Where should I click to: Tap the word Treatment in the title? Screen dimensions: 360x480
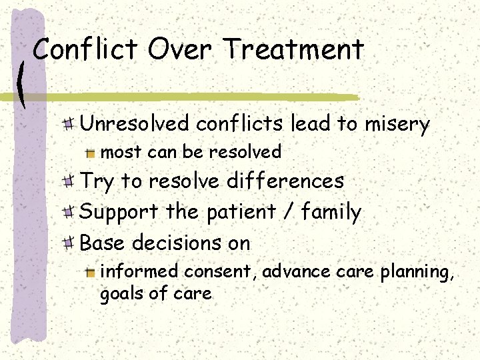point(294,49)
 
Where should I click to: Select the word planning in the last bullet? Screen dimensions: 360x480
point(416,273)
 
